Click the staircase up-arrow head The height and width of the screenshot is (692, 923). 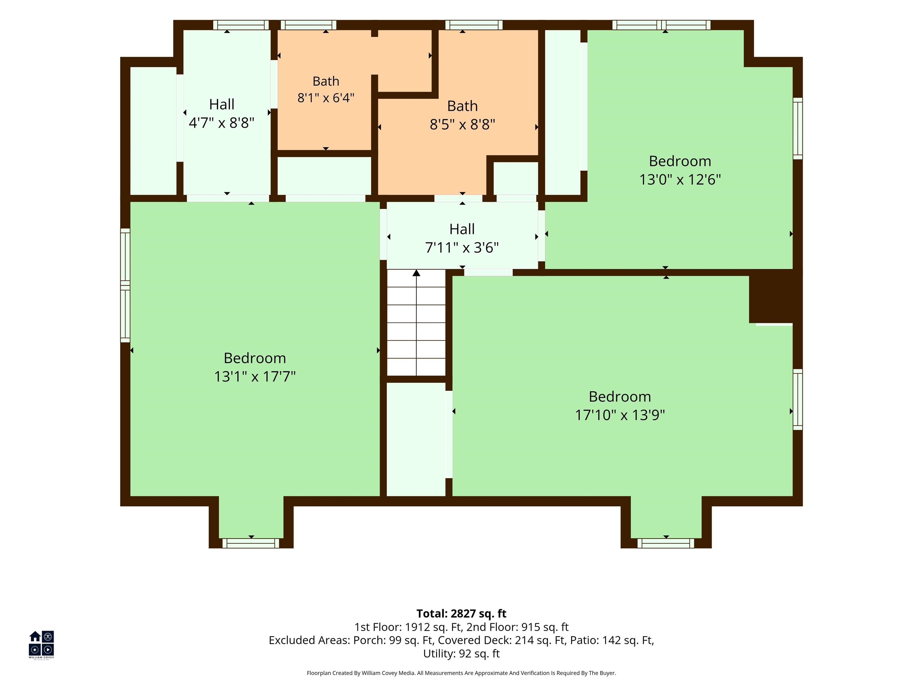click(x=416, y=273)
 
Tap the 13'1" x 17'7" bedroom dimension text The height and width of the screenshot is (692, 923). click(x=255, y=377)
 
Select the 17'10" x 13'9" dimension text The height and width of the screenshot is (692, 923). click(x=620, y=415)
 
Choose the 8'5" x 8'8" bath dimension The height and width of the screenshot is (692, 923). click(x=462, y=125)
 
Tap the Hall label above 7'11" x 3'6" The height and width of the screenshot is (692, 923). click(x=462, y=229)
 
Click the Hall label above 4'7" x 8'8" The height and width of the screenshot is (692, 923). click(x=221, y=104)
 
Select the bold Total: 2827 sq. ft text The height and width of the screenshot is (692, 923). click(x=461, y=614)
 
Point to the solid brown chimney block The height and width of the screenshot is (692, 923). click(x=775, y=296)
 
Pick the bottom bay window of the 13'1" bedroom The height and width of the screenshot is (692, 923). click(x=251, y=543)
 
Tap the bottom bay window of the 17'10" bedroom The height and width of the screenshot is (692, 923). click(x=666, y=543)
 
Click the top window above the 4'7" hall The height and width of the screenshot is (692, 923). click(x=241, y=25)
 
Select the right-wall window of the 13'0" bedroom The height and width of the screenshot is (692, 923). click(x=797, y=129)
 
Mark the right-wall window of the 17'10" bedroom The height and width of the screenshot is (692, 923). click(x=797, y=399)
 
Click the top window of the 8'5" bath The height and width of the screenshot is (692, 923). click(x=474, y=25)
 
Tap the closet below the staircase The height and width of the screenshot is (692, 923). click(x=416, y=439)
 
